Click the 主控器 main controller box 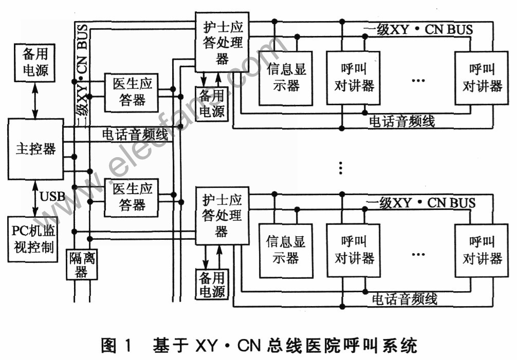(x=35, y=149)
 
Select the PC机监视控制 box (x=33, y=239)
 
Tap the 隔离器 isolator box (x=82, y=264)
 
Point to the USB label (x=52, y=196)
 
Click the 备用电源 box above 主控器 (x=34, y=63)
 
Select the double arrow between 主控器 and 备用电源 (x=35, y=101)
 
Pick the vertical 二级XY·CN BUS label (x=82, y=74)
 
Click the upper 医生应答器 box (x=132, y=92)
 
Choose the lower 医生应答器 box (x=132, y=198)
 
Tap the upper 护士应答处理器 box (x=222, y=42)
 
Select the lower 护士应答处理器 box (x=222, y=215)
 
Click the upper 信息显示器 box (x=286, y=78)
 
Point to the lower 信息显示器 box (x=286, y=251)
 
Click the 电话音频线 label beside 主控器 (x=135, y=135)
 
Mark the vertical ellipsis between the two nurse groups (x=341, y=168)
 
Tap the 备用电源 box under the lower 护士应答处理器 (x=212, y=284)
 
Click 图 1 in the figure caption (x=116, y=346)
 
